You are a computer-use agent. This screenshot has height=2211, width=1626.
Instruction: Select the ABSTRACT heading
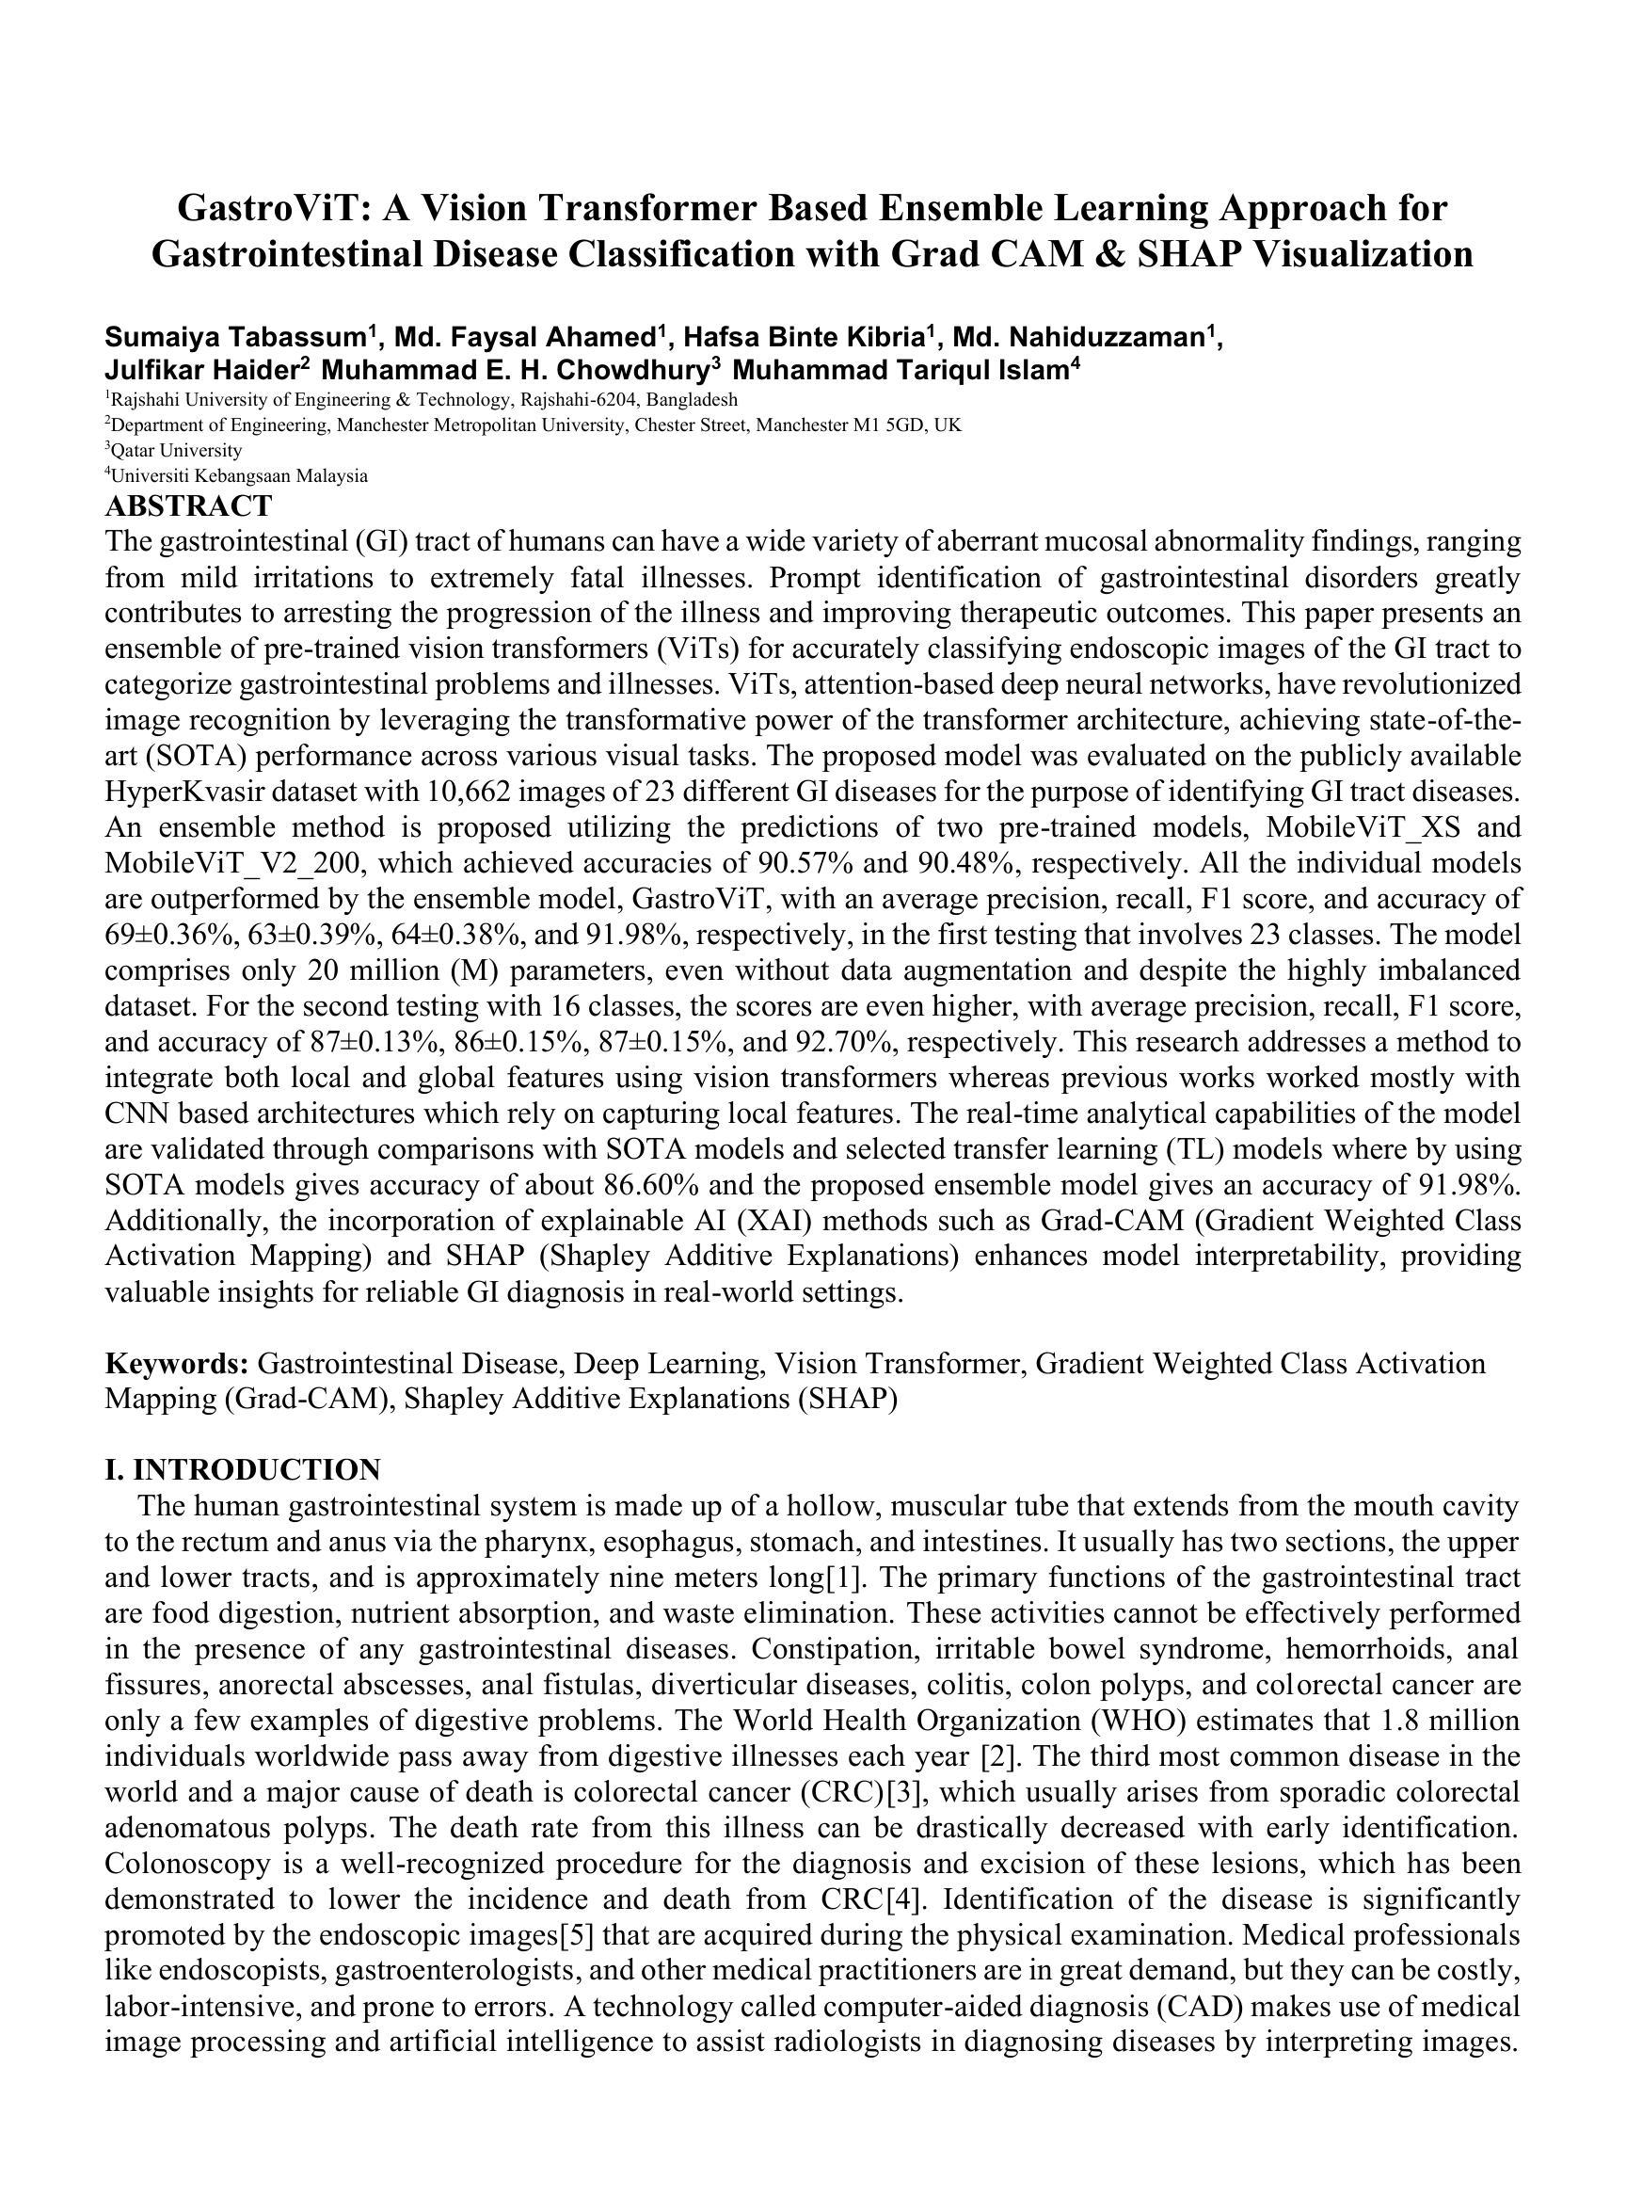(x=188, y=506)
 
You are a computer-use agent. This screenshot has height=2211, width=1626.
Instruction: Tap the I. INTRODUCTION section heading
(x=242, y=1468)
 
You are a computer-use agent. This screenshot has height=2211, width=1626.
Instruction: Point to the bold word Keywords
(x=176, y=1364)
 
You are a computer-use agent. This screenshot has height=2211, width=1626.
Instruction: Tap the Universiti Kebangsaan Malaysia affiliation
(x=238, y=476)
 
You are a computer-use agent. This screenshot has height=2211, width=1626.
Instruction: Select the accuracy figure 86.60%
(x=639, y=1184)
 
